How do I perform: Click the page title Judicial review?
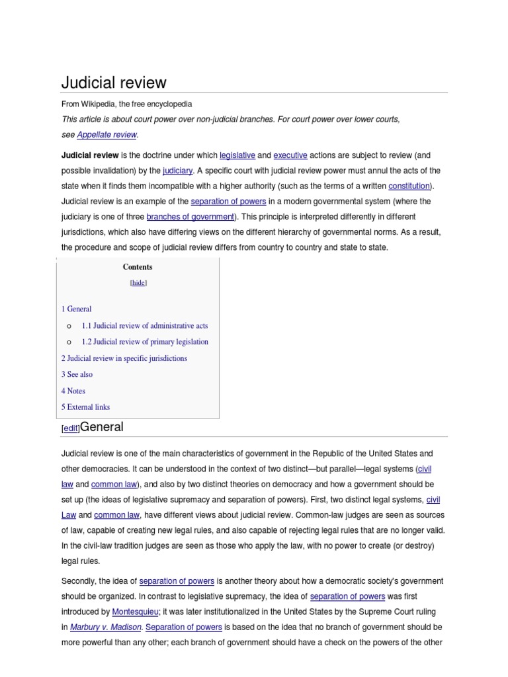(114, 83)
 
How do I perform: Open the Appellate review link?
(106, 134)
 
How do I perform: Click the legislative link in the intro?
(237, 155)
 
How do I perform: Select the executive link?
(290, 155)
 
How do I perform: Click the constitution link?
(409, 186)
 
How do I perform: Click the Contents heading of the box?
(138, 267)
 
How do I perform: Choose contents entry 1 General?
(77, 309)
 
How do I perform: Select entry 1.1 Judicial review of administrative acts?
(144, 325)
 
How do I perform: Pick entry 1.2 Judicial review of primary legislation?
(144, 342)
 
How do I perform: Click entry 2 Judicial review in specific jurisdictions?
(124, 358)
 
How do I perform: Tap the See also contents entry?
(77, 374)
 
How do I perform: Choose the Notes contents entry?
(73, 391)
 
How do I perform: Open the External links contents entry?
(86, 407)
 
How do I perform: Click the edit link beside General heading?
(70, 428)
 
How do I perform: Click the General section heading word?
(101, 427)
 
